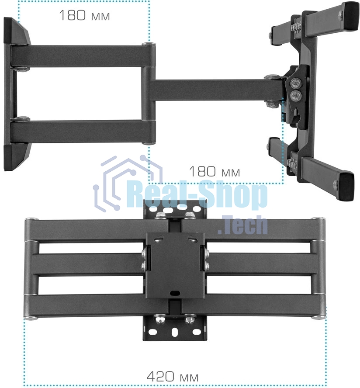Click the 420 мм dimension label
pyautogui.click(x=172, y=376)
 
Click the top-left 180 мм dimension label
pyautogui.click(x=84, y=16)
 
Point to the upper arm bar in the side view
pyautogui.click(x=83, y=56)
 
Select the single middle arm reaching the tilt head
pyautogui.click(x=210, y=90)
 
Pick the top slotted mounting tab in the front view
pyautogui.click(x=175, y=210)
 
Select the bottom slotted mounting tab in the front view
pyautogui.click(x=175, y=330)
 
